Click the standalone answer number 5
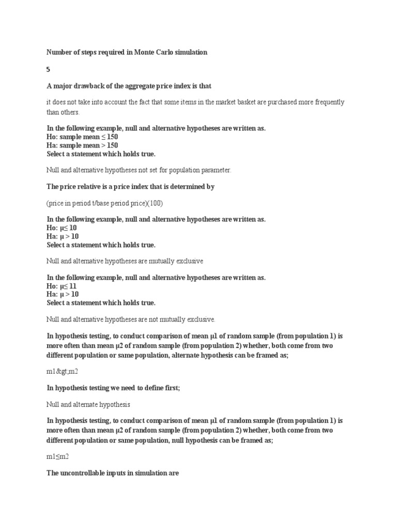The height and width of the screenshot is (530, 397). [x=49, y=69]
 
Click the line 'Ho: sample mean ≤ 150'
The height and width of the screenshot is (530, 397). [x=82, y=137]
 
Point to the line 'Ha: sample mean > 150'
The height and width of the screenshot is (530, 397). [x=82, y=145]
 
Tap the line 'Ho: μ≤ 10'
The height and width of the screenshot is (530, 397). [x=63, y=228]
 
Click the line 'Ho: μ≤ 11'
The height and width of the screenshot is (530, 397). [x=63, y=286]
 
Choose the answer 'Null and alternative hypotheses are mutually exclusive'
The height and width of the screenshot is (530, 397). [x=125, y=261]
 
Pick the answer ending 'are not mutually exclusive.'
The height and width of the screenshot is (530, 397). [x=130, y=319]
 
